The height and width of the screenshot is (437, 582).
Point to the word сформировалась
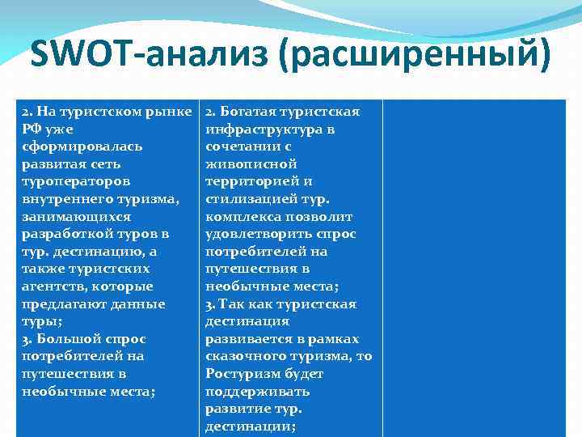pyautogui.click(x=82, y=146)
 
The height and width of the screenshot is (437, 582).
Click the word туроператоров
pyautogui.click(x=76, y=181)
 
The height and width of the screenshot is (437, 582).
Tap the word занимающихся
pyautogui.click(x=76, y=217)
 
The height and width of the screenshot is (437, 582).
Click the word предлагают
pyautogui.click(x=62, y=304)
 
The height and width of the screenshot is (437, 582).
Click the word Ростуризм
pyautogui.click(x=239, y=374)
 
